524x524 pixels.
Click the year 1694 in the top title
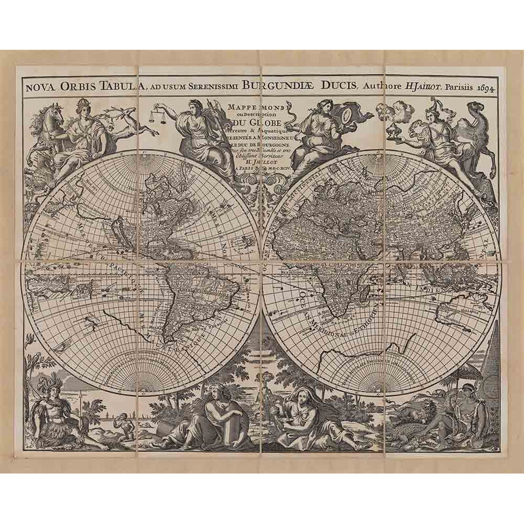pyautogui.click(x=484, y=86)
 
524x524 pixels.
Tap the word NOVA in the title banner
pyautogui.click(x=41, y=84)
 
